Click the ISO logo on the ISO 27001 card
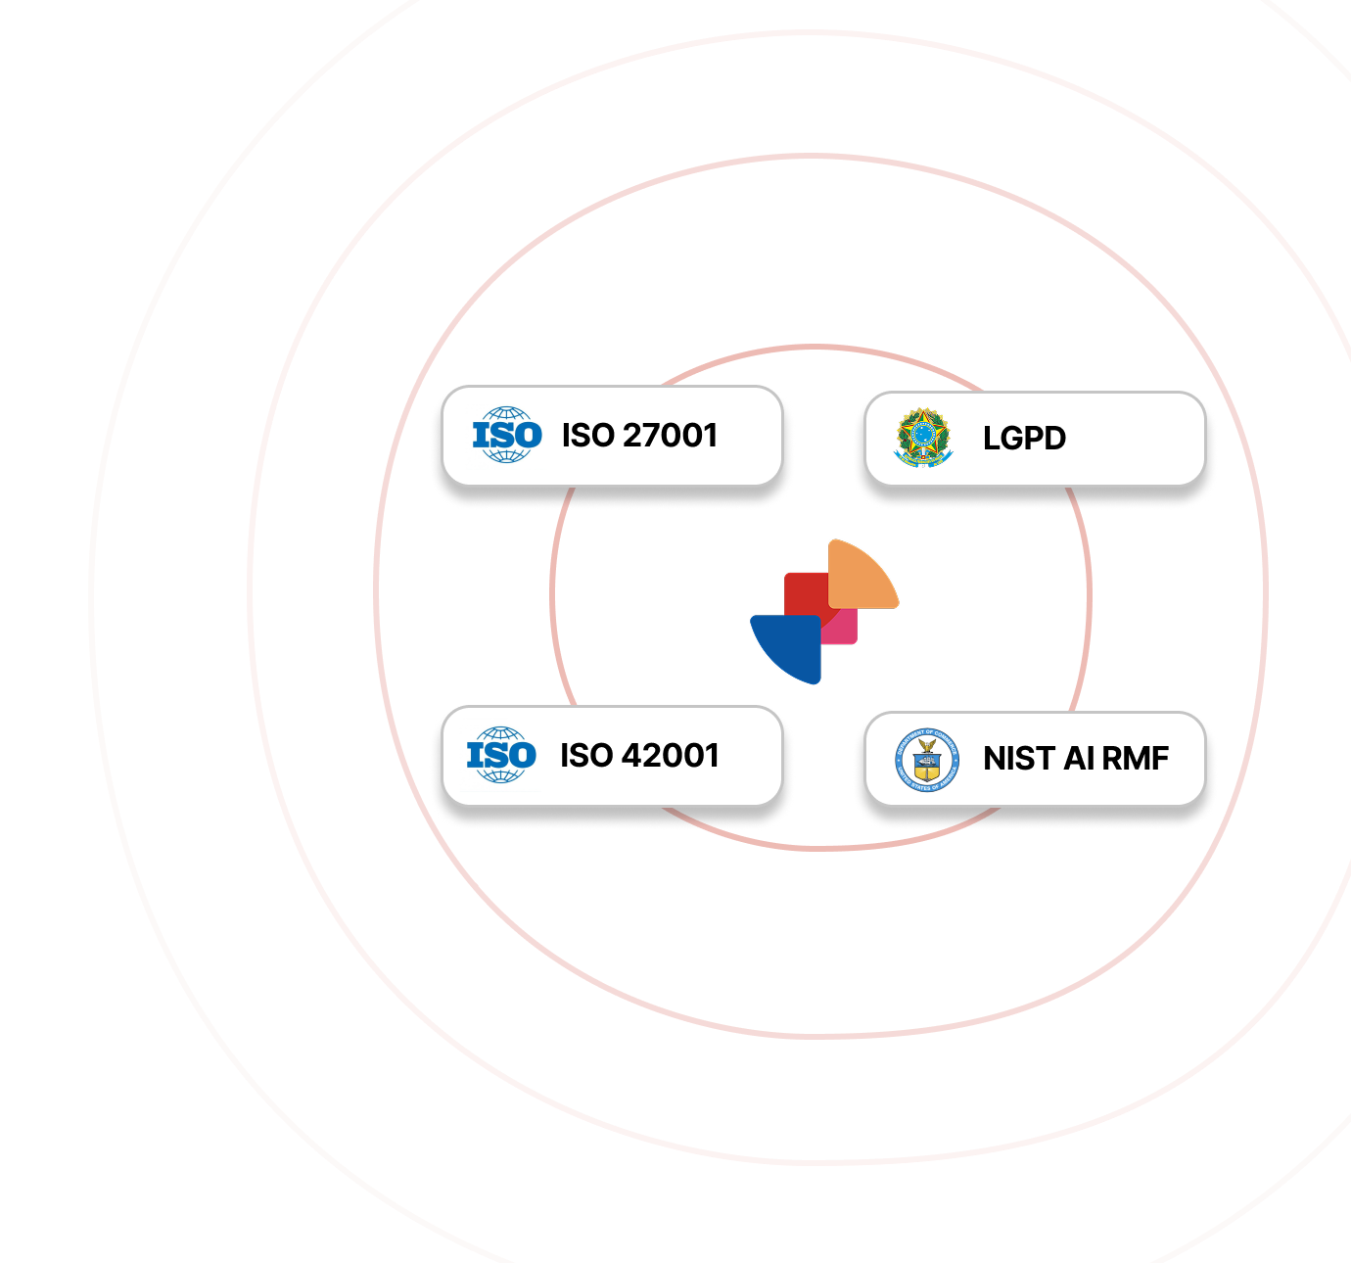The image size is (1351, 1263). point(507,435)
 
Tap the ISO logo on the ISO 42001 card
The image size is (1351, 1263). point(501,755)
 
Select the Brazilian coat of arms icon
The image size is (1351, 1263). point(923,438)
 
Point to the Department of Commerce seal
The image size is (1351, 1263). point(926,759)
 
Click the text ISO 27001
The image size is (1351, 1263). point(639,435)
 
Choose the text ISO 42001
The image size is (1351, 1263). point(639,755)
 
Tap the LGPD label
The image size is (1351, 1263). point(1024,438)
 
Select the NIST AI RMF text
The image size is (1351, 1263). point(1076,758)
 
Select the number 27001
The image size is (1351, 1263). point(671,435)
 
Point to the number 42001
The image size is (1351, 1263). point(671,755)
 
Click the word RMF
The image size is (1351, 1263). point(1136,758)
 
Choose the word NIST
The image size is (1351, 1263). point(1019,758)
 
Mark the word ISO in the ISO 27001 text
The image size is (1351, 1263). point(587,435)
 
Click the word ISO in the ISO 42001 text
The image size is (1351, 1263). point(586,755)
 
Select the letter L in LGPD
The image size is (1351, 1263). point(992,438)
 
